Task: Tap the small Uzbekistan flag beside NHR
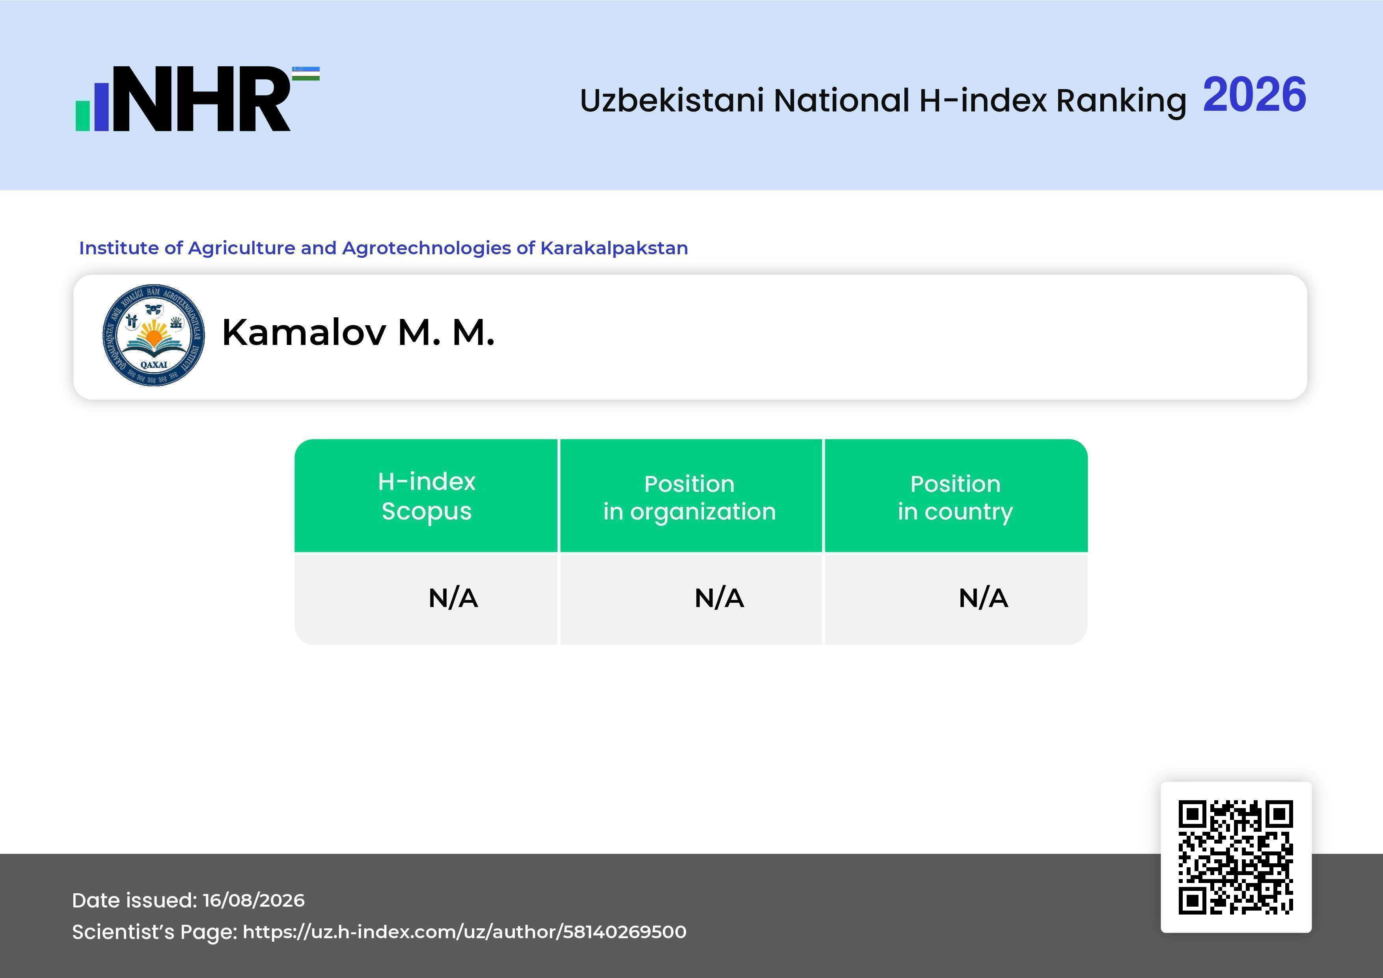coord(306,73)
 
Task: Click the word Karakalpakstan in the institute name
coord(614,248)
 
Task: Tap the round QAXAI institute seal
coord(154,335)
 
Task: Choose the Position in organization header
coord(690,498)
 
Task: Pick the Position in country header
coord(955,498)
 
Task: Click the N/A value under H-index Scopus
coord(453,598)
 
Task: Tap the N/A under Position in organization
coord(719,598)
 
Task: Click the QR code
coord(1236,857)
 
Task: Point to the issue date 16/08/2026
coord(253,900)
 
